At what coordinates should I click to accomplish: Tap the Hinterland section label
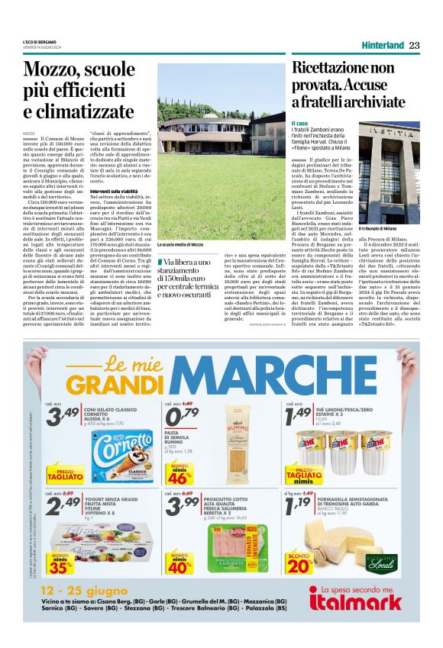[383, 45]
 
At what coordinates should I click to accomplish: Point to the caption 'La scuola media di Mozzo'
[180, 244]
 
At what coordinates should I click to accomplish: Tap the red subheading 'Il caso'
[299, 123]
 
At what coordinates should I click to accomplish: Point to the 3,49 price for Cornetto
[62, 417]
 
